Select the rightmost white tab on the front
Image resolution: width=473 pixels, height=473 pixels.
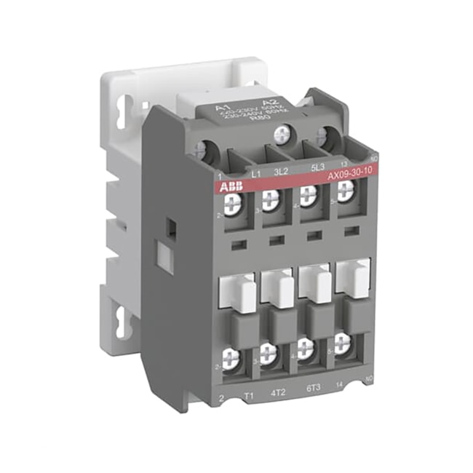coord(353,277)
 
